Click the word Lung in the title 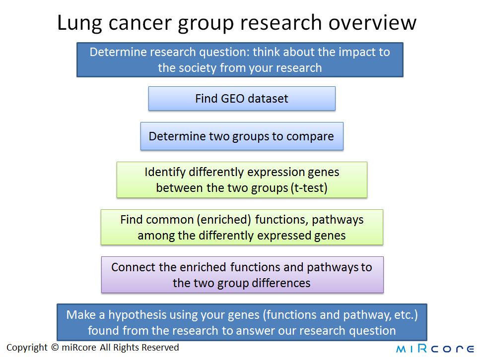pos(79,23)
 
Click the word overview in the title pos(372,22)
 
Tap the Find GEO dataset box pos(242,98)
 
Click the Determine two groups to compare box pos(242,136)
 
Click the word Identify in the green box pos(165,173)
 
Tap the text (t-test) pos(309,188)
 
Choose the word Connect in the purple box pos(133,267)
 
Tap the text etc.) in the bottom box pos(406,315)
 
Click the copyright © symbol pos(55,347)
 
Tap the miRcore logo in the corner pos(435,349)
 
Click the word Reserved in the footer pos(160,347)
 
